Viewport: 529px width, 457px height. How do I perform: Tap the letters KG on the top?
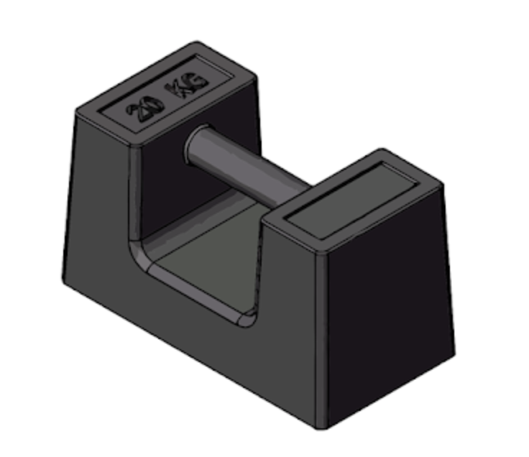(x=185, y=85)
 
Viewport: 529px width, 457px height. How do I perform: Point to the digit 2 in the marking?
(x=134, y=112)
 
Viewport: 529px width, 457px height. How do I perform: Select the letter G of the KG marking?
(x=196, y=80)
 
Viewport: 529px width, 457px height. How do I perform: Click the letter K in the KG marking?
(x=177, y=89)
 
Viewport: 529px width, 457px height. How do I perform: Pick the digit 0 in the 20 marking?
(x=150, y=103)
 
